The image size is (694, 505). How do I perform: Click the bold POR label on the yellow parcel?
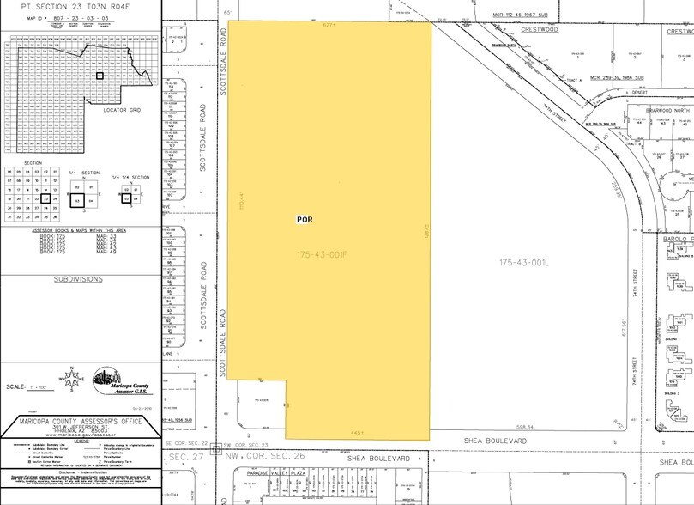coord(304,220)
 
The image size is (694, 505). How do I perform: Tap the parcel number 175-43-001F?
coord(329,255)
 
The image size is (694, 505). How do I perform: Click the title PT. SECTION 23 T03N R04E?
coord(81,6)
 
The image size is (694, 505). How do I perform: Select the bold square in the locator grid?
coord(100,76)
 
